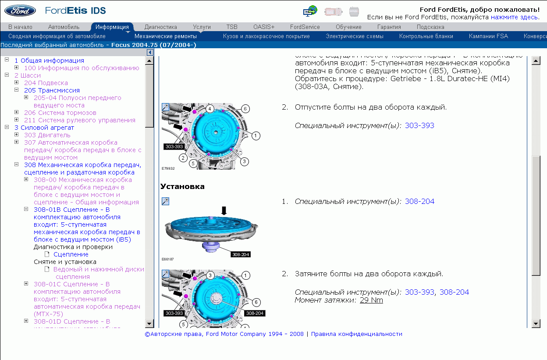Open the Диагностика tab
(x=160, y=27)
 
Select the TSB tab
(x=232, y=27)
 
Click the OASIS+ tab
(x=264, y=27)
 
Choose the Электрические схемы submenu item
(x=354, y=36)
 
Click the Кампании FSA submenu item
(x=488, y=36)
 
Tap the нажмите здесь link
(x=514, y=17)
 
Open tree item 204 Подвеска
(x=46, y=83)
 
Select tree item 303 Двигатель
(x=47, y=135)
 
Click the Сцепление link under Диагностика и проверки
(x=71, y=254)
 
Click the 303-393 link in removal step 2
(x=419, y=125)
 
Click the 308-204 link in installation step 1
(x=419, y=201)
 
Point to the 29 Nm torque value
(x=371, y=300)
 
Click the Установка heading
(x=182, y=186)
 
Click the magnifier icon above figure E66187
(x=165, y=201)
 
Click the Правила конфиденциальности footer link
(x=356, y=334)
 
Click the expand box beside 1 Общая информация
(x=7, y=60)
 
